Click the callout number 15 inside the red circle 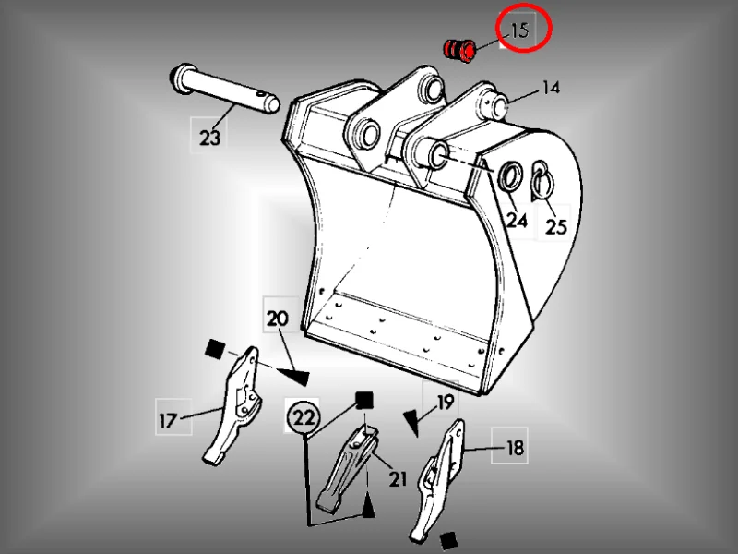pos(519,30)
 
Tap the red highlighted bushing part pos(460,51)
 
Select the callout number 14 pos(551,88)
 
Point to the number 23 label pos(209,138)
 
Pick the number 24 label pos(517,220)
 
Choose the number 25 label pos(556,226)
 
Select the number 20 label pos(278,319)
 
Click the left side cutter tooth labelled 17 pos(234,404)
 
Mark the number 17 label pos(168,421)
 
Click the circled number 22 pos(304,417)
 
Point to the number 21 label pos(398,479)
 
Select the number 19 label pos(446,403)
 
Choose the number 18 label pos(515,448)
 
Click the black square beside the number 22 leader pos(363,401)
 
